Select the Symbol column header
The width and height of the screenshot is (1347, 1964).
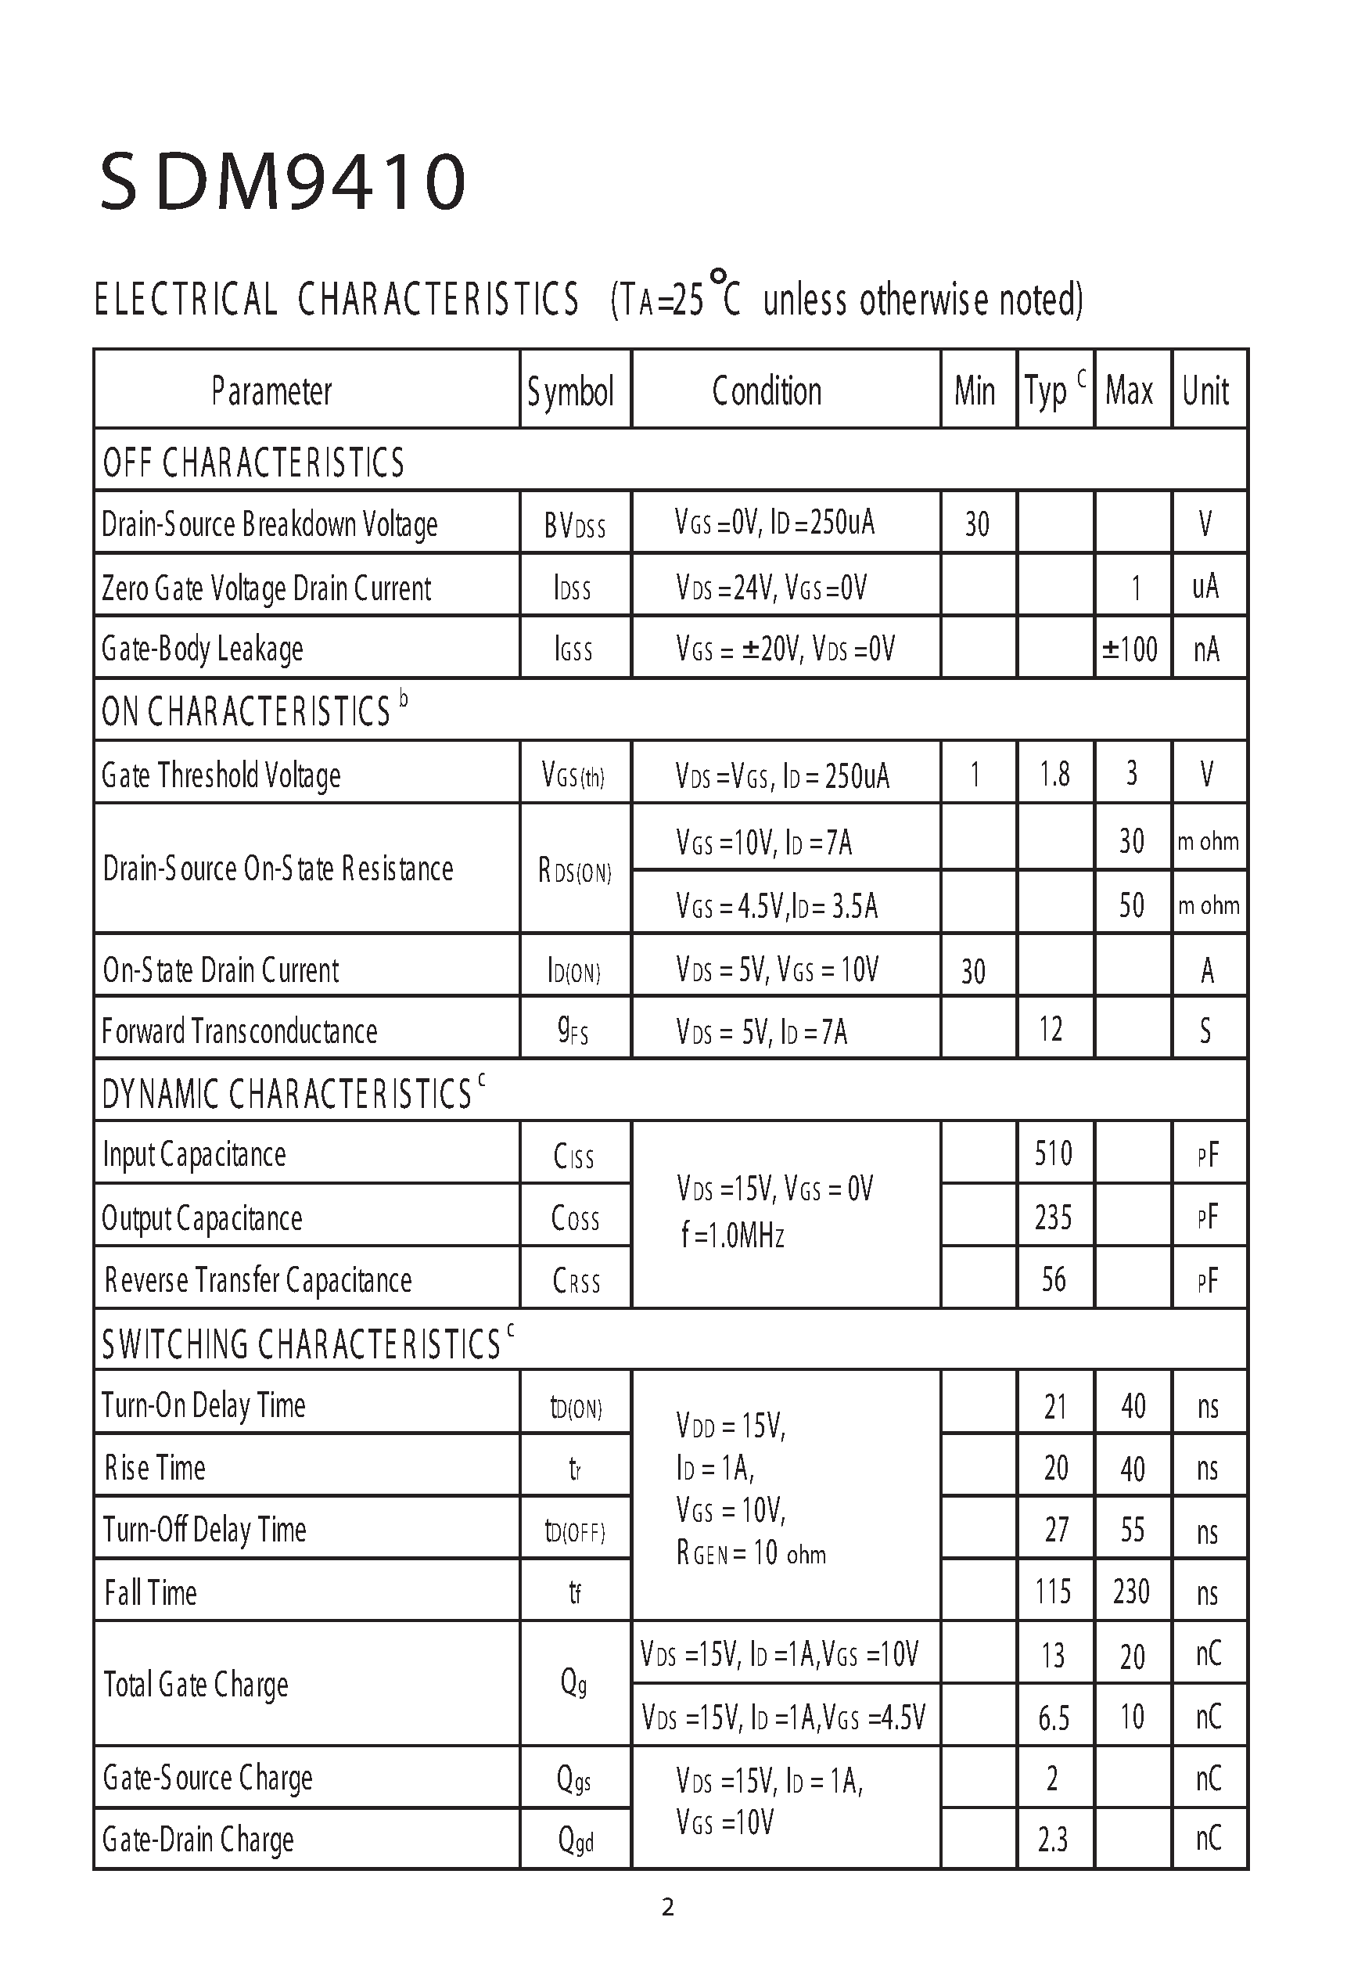(x=570, y=391)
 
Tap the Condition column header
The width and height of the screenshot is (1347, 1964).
(x=767, y=391)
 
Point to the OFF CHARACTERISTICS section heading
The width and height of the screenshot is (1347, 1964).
(x=253, y=462)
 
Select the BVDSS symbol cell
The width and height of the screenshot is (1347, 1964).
(x=575, y=526)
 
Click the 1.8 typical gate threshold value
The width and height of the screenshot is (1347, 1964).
(x=1054, y=774)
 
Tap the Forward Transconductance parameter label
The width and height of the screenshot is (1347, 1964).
(x=239, y=1031)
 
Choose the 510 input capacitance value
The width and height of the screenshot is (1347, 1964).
(x=1053, y=1153)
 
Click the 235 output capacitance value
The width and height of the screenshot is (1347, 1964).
(x=1053, y=1218)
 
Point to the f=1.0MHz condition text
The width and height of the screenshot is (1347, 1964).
(x=733, y=1236)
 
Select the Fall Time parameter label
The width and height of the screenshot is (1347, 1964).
(x=150, y=1593)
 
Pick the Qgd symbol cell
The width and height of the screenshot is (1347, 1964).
(x=576, y=1840)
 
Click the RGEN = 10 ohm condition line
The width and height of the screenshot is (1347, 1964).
(x=750, y=1553)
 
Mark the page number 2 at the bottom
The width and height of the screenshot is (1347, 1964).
(x=667, y=1908)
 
